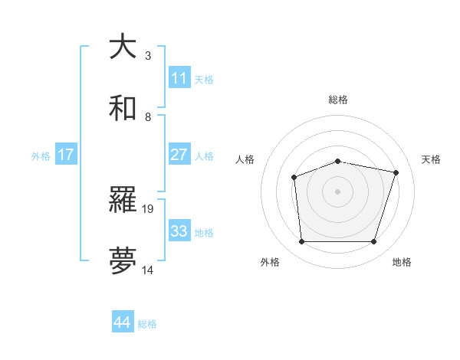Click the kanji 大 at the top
pyautogui.click(x=123, y=47)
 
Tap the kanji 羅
pyautogui.click(x=123, y=201)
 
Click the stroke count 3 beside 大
pyautogui.click(x=148, y=56)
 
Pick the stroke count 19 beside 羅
pyautogui.click(x=149, y=208)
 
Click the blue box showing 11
pyautogui.click(x=179, y=78)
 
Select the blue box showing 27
pyautogui.click(x=179, y=155)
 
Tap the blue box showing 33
pyautogui.click(x=179, y=231)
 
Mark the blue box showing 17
pyautogui.click(x=66, y=155)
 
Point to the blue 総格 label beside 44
pyautogui.click(x=147, y=324)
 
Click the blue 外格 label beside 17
pyautogui.click(x=41, y=156)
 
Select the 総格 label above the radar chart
pyautogui.click(x=338, y=100)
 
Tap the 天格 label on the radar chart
pyautogui.click(x=431, y=159)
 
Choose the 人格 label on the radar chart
pyautogui.click(x=245, y=159)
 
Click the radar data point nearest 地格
pyautogui.click(x=373, y=242)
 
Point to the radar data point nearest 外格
pyautogui.click(x=301, y=242)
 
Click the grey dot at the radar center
pyautogui.click(x=337, y=191)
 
